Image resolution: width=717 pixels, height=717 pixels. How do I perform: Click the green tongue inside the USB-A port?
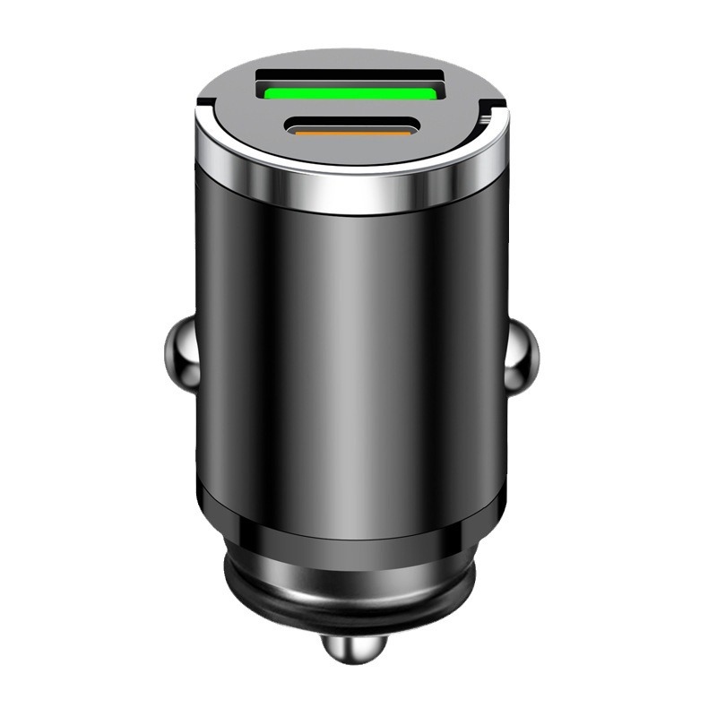point(351,90)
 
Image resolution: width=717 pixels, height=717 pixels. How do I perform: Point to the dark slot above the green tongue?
point(351,74)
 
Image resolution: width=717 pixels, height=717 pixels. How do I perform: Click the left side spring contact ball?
point(183,356)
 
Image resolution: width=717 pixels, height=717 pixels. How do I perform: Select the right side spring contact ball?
point(522,356)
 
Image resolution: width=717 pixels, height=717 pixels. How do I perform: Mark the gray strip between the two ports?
point(351,109)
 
